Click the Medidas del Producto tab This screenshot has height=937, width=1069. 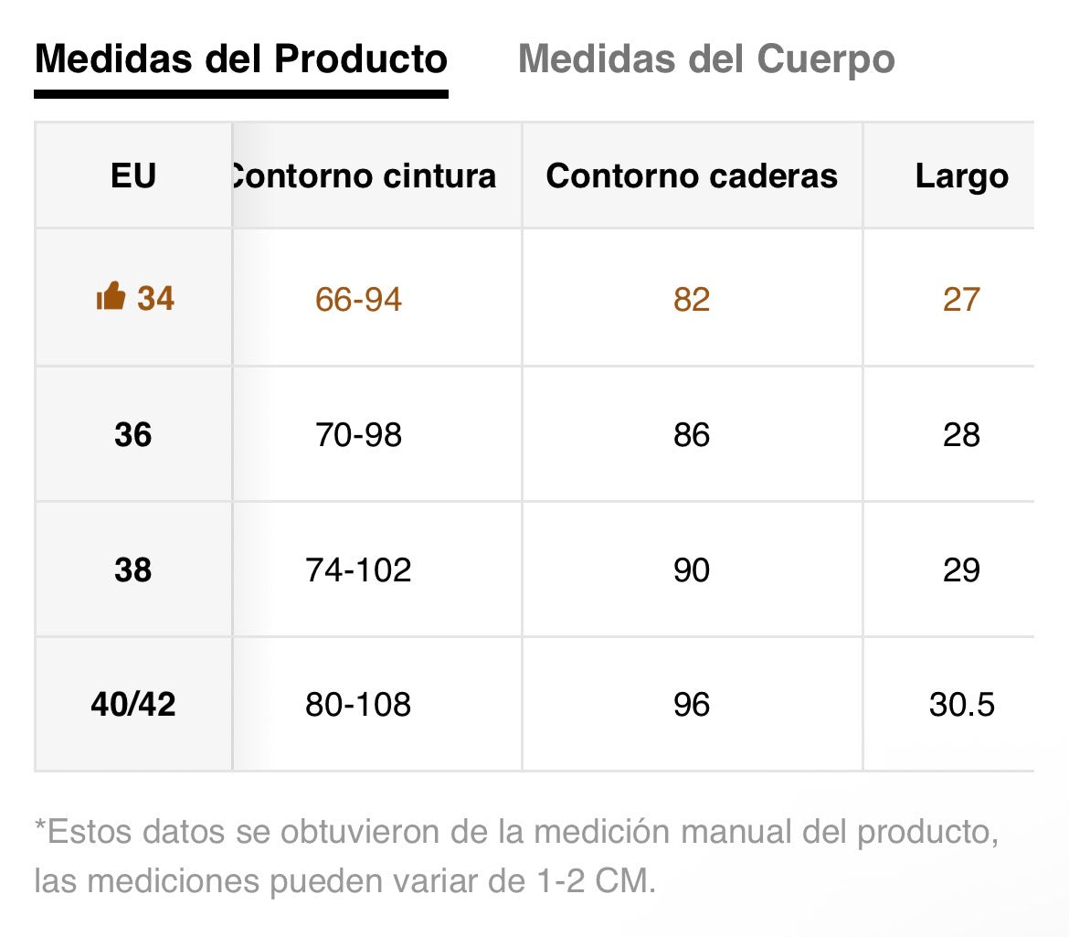[x=240, y=60]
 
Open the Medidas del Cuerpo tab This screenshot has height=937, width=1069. [x=706, y=60]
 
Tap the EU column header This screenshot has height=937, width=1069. [x=133, y=176]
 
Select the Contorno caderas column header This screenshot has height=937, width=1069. [x=692, y=176]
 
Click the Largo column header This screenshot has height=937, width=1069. [x=961, y=176]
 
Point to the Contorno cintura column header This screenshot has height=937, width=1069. [x=364, y=176]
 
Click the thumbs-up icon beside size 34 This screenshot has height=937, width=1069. [x=111, y=297]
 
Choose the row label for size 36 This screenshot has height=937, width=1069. [x=133, y=435]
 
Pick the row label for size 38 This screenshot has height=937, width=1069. [x=133, y=570]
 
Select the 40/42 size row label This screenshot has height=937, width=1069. [x=133, y=705]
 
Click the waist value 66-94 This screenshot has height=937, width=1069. [x=358, y=299]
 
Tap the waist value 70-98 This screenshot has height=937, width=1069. [x=358, y=435]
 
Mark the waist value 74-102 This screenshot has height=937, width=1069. [x=358, y=570]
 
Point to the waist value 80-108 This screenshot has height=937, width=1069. [x=358, y=705]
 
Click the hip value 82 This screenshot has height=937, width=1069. [x=692, y=299]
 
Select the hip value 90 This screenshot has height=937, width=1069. [x=692, y=570]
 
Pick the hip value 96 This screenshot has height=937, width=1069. [x=692, y=705]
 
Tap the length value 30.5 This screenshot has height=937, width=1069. [x=961, y=705]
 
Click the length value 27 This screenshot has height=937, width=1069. [x=961, y=299]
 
